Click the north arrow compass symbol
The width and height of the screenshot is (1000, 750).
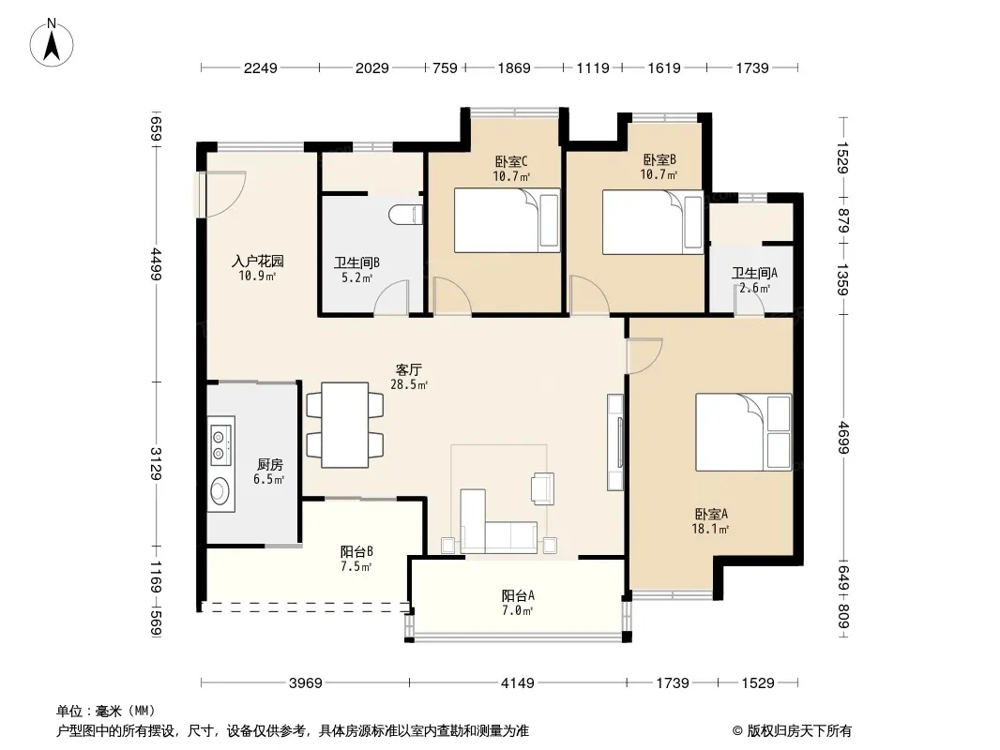click(52, 43)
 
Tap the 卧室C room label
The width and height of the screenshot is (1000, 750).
click(511, 162)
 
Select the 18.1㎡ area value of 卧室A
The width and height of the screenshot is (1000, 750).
click(710, 529)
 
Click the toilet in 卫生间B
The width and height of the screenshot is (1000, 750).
click(405, 214)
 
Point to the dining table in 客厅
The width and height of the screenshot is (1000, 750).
click(345, 425)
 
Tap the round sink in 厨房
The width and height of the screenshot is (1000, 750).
click(220, 491)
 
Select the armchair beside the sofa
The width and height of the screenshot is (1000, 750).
click(543, 488)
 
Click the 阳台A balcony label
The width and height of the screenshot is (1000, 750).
click(518, 596)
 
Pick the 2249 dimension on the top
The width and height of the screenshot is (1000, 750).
click(260, 67)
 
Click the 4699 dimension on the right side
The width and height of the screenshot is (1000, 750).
click(843, 437)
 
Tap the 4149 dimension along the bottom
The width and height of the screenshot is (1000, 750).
click(517, 683)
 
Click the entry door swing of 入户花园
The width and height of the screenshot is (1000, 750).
click(223, 194)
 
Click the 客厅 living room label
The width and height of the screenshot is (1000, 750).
click(409, 369)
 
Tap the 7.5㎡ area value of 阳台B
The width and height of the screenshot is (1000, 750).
click(356, 566)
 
